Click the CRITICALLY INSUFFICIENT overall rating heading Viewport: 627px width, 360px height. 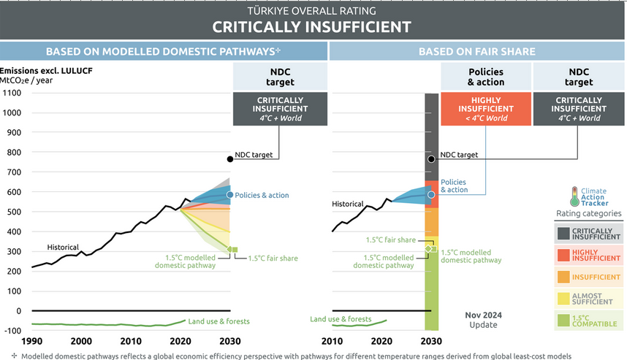click(x=312, y=27)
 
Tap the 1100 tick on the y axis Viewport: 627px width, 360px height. click(x=11, y=93)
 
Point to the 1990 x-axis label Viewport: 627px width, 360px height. click(x=31, y=341)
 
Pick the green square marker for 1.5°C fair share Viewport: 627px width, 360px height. click(x=234, y=250)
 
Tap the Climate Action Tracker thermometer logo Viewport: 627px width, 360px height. click(x=577, y=196)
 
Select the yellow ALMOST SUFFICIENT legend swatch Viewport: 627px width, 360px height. click(x=563, y=299)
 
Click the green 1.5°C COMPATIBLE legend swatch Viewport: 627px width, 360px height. click(x=563, y=321)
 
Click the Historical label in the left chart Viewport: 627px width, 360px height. click(x=63, y=247)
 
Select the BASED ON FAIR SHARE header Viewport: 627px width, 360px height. click(x=477, y=52)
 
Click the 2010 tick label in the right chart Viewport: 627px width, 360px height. click(x=333, y=341)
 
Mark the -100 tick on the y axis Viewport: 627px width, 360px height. click(x=12, y=331)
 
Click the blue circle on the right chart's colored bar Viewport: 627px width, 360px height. click(x=431, y=195)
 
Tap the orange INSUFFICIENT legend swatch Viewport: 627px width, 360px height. click(x=563, y=277)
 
